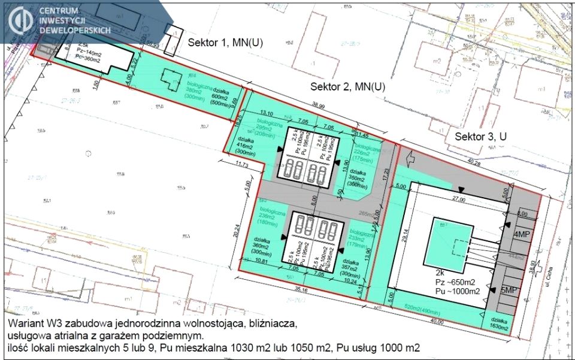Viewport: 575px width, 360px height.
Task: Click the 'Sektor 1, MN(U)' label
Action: click(x=226, y=43)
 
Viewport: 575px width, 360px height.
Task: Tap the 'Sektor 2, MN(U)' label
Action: click(x=347, y=87)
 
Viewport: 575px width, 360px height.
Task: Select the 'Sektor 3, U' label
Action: click(x=480, y=137)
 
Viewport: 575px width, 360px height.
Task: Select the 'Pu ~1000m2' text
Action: click(x=458, y=291)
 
